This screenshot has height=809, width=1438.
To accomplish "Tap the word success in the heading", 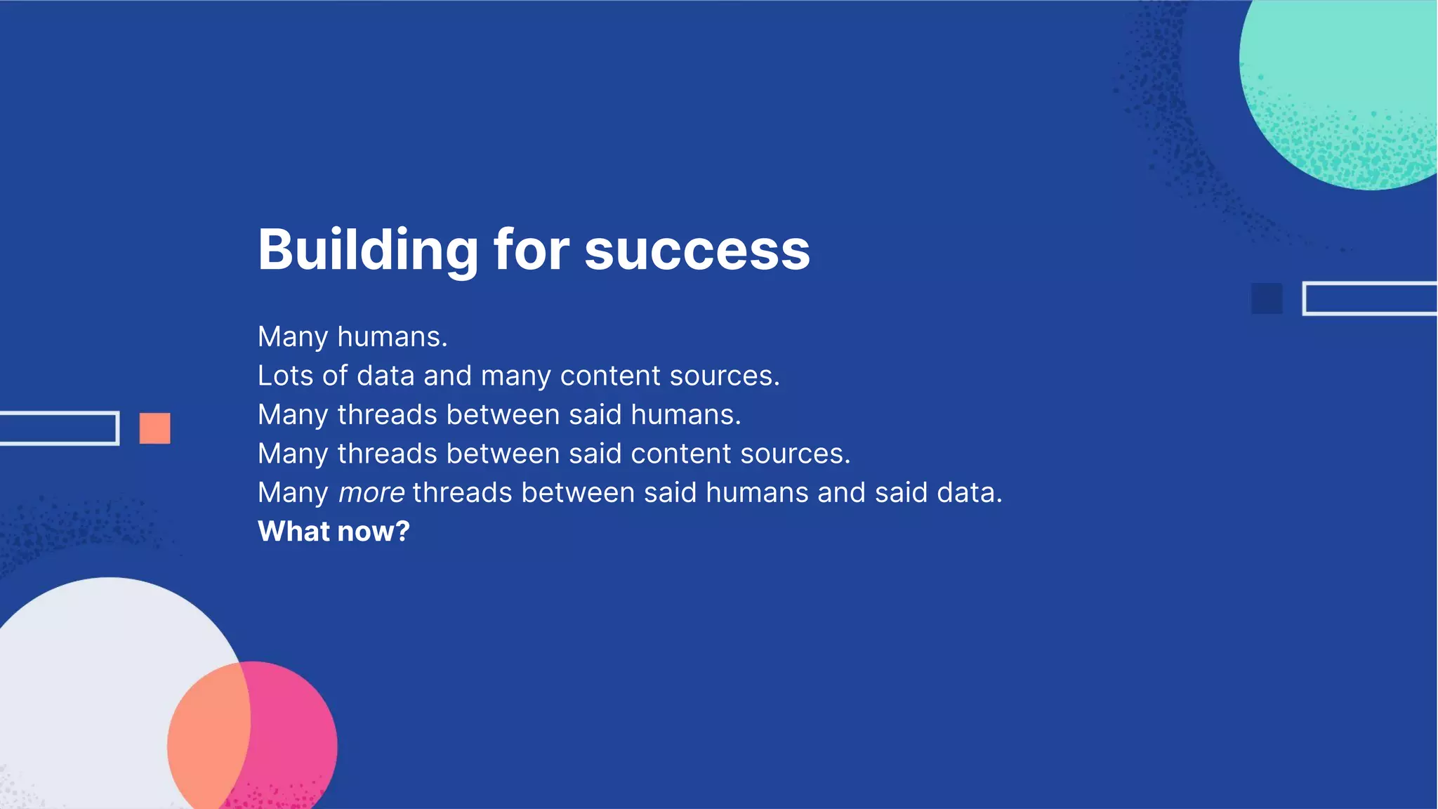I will [697, 251].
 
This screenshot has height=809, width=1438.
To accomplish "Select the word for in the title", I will [532, 250].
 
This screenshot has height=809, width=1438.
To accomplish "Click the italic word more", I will [371, 494].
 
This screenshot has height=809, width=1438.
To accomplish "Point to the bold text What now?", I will [334, 532].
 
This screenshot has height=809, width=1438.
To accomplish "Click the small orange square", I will [154, 428].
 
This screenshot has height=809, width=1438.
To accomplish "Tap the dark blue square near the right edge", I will [1267, 298].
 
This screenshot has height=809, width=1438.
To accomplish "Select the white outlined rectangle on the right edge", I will [1369, 298].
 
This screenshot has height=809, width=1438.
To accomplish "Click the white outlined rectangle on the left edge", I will [59, 428].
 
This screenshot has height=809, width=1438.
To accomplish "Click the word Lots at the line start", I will [285, 376].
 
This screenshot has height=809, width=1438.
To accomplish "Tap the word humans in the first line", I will [392, 338].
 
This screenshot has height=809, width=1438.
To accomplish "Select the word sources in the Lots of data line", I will [724, 376].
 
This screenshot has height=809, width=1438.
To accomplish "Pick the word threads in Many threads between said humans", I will [388, 415].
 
